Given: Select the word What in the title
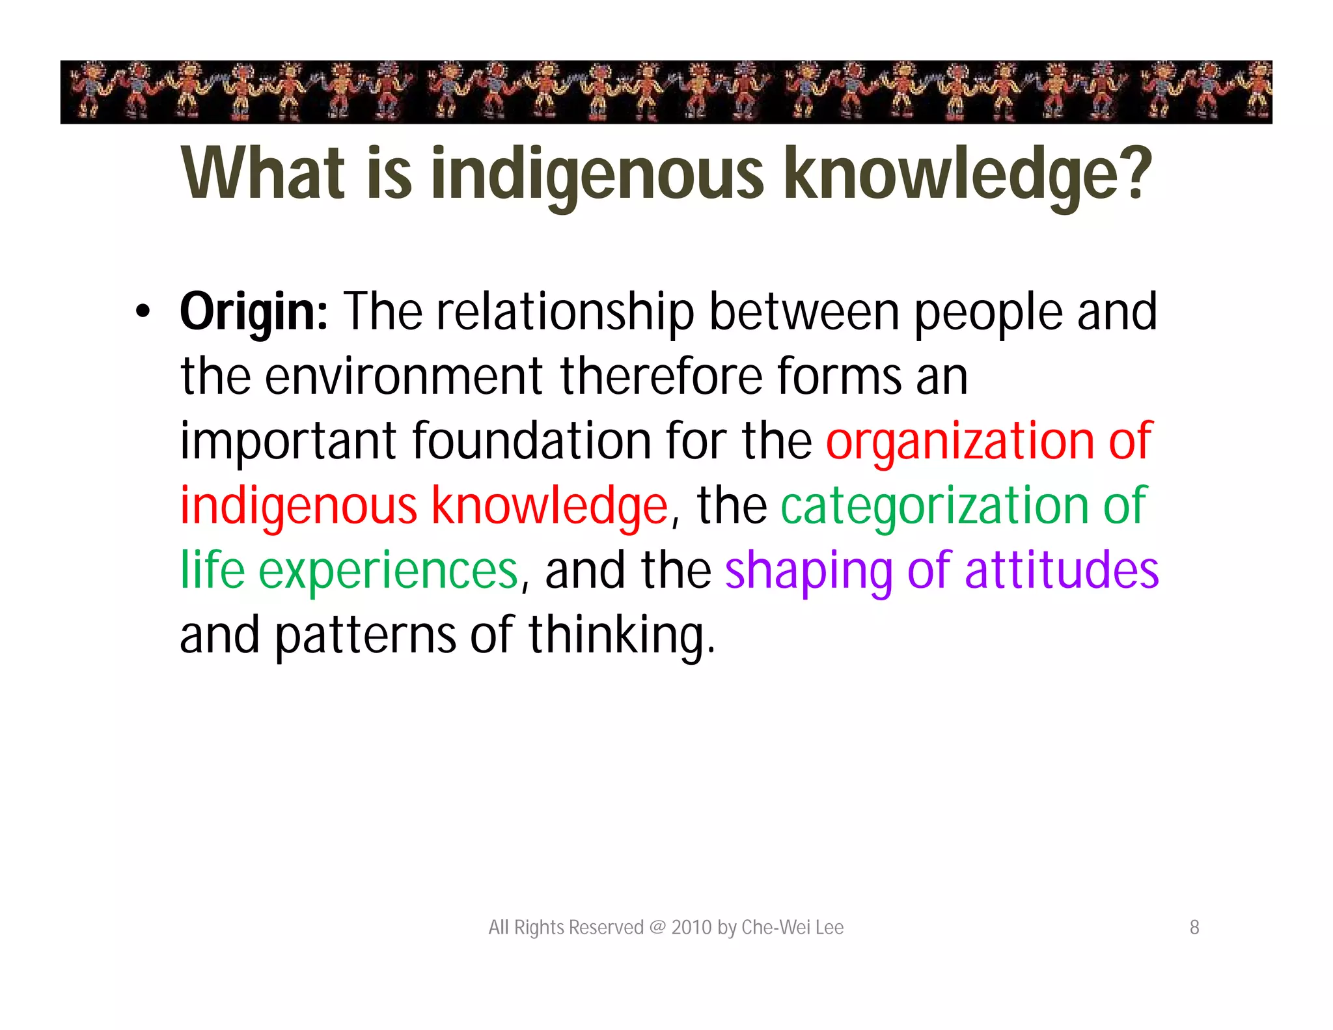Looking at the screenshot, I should [263, 173].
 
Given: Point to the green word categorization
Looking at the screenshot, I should [935, 507].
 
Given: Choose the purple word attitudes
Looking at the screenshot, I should [1062, 570].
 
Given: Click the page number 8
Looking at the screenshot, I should [1194, 927].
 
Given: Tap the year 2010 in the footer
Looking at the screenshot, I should [691, 927].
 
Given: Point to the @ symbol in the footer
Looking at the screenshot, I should [657, 927].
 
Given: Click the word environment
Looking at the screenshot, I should [404, 376].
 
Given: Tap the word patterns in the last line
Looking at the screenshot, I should [365, 635].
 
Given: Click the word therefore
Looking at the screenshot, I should [661, 376].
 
